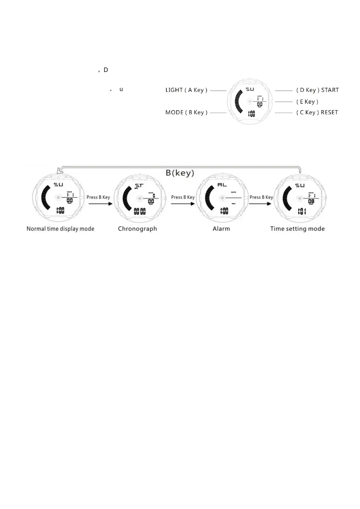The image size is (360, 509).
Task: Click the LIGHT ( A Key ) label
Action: [186, 90]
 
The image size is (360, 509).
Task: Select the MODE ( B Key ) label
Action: [186, 112]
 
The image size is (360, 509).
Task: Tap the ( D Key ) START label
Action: [317, 90]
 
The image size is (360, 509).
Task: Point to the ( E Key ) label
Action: [307, 102]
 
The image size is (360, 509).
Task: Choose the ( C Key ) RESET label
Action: [317, 112]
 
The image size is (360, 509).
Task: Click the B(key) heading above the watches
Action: [180, 173]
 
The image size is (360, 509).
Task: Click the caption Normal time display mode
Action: [60, 229]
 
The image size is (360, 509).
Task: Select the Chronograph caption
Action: [137, 229]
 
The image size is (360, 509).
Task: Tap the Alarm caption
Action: [221, 229]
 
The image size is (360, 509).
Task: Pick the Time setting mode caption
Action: [297, 229]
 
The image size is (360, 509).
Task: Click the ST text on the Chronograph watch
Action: [139, 185]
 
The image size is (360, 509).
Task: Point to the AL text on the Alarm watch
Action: [222, 184]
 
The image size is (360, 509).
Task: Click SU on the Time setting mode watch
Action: [300, 185]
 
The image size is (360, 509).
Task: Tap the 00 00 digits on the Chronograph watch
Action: [140, 211]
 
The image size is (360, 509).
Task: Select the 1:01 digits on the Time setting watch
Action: [302, 211]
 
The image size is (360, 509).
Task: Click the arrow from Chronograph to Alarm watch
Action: [183, 203]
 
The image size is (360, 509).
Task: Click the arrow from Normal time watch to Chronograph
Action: [100, 203]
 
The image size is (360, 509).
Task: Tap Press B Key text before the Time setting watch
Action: [261, 197]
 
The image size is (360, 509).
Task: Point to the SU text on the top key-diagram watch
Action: [250, 89]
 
